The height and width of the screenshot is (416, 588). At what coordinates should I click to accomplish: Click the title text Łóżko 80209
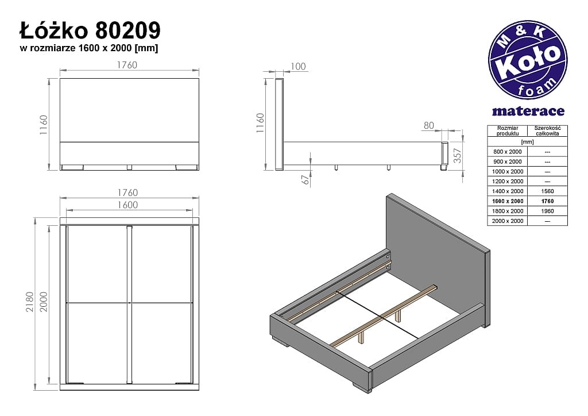[x=90, y=30]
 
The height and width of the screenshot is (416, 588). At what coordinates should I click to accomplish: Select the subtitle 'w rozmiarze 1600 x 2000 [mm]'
[x=89, y=48]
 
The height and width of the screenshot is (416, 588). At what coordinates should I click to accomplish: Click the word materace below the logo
[x=528, y=111]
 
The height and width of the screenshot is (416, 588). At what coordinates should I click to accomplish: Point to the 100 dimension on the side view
[x=298, y=67]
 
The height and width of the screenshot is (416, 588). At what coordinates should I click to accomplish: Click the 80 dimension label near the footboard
[x=429, y=125]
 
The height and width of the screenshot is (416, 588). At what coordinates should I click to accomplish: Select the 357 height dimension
[x=457, y=156]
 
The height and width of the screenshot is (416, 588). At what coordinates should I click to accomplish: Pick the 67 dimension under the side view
[x=305, y=179]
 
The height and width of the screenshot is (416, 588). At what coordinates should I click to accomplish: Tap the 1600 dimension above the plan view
[x=128, y=205]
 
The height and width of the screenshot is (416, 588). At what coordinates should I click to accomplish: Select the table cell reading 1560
[x=547, y=191]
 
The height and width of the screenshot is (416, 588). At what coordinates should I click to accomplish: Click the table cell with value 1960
[x=547, y=211]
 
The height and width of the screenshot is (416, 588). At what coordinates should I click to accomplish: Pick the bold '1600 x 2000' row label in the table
[x=508, y=201]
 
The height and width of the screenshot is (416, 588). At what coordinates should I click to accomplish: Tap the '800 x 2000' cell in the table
[x=508, y=151]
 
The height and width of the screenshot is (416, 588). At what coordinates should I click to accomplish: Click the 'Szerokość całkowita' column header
[x=547, y=130]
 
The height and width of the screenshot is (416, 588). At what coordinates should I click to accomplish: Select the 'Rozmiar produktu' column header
[x=508, y=130]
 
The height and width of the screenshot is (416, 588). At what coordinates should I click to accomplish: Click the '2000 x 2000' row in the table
[x=508, y=221]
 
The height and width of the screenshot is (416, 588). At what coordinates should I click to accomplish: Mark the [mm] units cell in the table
[x=527, y=141]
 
